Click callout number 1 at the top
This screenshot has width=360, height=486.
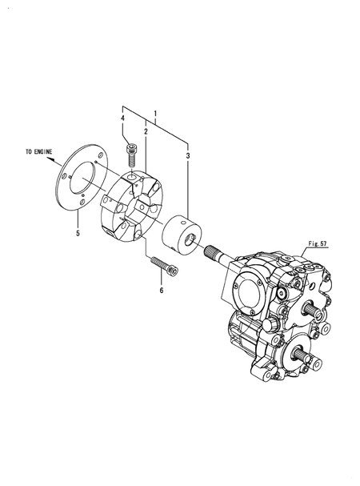click(155, 113)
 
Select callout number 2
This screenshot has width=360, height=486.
click(146, 131)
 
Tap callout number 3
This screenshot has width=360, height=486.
click(188, 156)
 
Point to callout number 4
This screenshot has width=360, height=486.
click(123, 118)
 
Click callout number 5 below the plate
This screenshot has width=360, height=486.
click(78, 233)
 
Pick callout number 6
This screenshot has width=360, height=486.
click(162, 291)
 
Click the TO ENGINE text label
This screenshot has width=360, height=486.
click(38, 151)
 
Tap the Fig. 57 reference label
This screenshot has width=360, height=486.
click(318, 244)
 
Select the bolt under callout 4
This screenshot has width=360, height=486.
click(132, 155)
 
